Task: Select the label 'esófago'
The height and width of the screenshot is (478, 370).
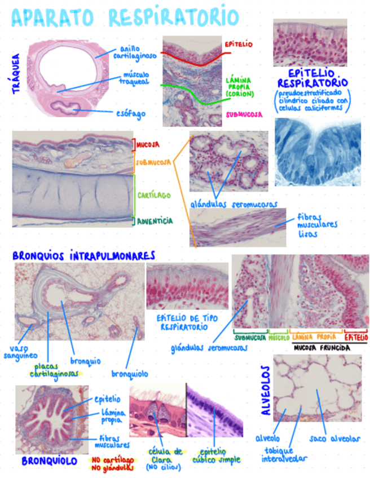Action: pos(131,113)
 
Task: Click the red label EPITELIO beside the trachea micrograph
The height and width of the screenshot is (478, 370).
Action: pos(239,43)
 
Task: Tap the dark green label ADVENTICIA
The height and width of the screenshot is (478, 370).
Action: pos(155,221)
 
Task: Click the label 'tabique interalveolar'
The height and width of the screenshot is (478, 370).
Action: pos(285,454)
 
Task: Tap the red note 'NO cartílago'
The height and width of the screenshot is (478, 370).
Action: pos(112,459)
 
